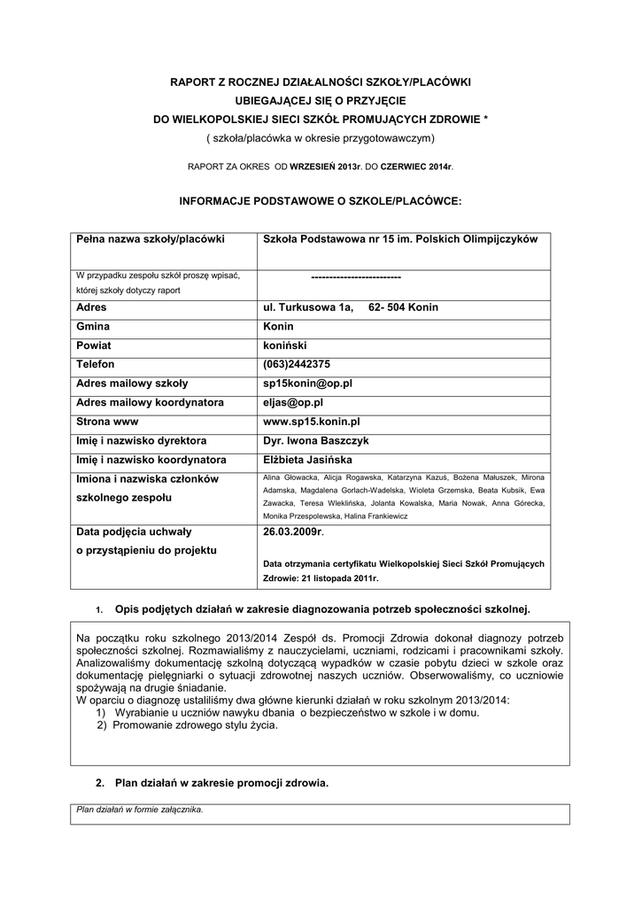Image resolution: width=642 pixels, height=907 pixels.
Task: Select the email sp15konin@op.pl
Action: point(308,384)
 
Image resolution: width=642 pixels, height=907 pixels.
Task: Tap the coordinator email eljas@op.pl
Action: point(293,403)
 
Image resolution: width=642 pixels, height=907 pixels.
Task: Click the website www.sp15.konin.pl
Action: point(312,422)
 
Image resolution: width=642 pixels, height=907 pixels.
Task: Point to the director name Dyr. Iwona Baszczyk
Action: point(318,440)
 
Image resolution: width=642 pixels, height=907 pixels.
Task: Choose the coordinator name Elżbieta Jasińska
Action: point(308,460)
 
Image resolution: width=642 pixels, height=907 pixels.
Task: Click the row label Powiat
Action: point(94,345)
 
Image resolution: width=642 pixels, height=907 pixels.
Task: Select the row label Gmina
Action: point(93,326)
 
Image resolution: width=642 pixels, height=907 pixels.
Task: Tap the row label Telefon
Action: point(97,364)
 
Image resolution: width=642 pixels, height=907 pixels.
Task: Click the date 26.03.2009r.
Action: point(294,532)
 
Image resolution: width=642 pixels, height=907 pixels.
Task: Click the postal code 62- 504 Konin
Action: point(403,307)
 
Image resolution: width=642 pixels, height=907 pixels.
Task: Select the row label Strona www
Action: point(108,422)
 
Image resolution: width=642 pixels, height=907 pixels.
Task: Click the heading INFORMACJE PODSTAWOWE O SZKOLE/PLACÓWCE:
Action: point(321,201)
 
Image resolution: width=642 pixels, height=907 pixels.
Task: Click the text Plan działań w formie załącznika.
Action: point(140,809)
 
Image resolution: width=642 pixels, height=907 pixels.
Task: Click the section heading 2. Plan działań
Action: point(212,783)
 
